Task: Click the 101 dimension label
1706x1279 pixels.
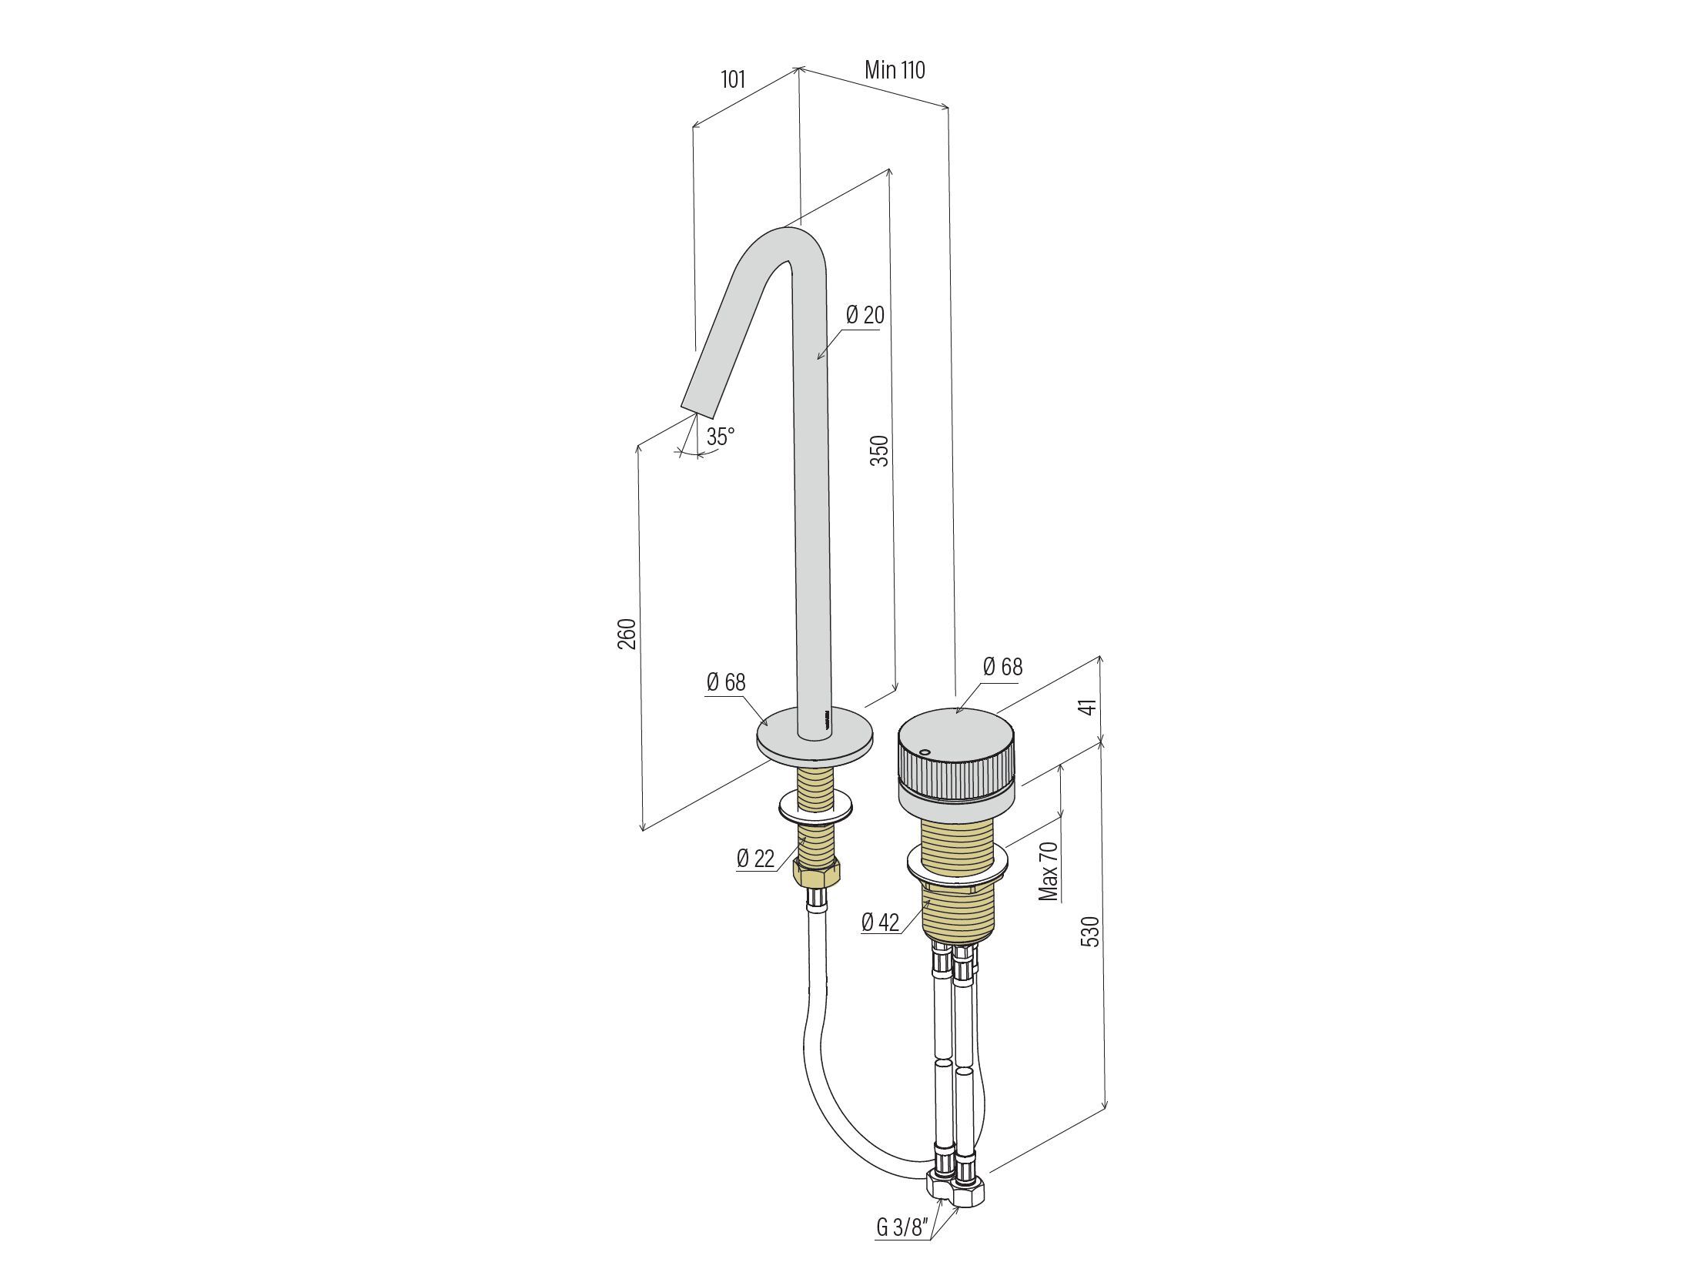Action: coord(733,79)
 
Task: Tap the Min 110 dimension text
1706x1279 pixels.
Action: coord(895,70)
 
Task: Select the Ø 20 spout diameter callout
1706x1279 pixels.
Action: coord(865,315)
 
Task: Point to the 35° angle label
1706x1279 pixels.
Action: coord(721,437)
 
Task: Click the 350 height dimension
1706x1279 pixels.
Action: coord(879,450)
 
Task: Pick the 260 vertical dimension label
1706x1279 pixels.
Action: coord(627,633)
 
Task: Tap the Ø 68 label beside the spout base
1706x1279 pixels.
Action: coord(726,682)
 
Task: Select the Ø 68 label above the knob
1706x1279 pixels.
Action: coord(1002,667)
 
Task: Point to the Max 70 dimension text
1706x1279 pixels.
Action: coord(1049,871)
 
